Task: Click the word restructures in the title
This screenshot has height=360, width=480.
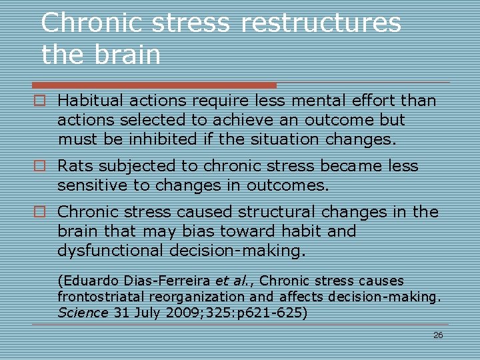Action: (321, 23)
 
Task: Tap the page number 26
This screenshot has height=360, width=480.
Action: (438, 335)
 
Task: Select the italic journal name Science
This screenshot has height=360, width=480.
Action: (82, 312)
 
